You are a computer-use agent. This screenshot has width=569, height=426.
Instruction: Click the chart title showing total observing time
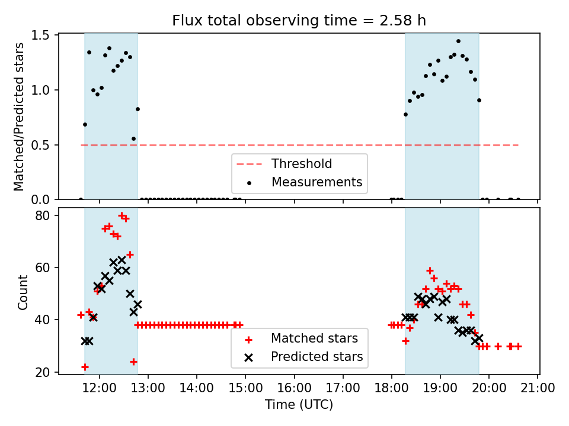299,21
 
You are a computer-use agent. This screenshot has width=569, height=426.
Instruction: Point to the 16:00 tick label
294,389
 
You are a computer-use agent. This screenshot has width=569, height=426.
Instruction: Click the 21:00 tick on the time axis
538,389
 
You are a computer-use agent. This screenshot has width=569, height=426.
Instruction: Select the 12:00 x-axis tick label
99,389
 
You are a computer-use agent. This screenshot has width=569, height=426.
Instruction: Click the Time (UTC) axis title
299,405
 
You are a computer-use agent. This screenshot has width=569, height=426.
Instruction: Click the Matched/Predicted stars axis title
20,117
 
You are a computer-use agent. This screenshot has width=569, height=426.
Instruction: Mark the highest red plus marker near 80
122,215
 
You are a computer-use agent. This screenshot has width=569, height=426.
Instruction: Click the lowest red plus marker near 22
85,367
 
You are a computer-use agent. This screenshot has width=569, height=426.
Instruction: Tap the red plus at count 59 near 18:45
430,270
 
